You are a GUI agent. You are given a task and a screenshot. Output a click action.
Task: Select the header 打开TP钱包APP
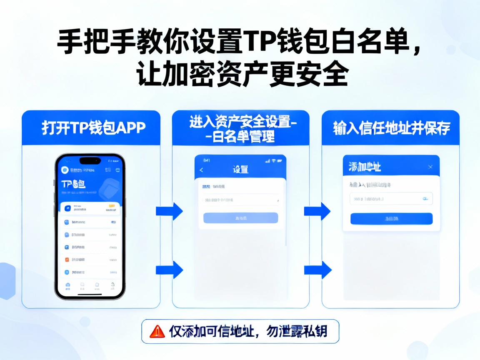(x=91, y=128)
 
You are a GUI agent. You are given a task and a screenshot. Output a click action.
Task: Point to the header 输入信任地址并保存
(x=391, y=128)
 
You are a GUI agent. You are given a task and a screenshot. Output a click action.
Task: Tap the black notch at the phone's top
(x=90, y=160)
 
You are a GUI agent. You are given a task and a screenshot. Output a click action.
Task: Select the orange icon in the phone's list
(x=67, y=259)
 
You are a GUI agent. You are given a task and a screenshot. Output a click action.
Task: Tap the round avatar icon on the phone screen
(x=65, y=170)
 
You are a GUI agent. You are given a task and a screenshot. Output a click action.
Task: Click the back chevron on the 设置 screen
(x=202, y=170)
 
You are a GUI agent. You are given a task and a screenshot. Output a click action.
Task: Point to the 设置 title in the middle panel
(x=240, y=169)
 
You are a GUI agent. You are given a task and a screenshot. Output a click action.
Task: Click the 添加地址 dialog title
(x=365, y=167)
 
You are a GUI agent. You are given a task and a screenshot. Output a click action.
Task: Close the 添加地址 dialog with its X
(x=430, y=167)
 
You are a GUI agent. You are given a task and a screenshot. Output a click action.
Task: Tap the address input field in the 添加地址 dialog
(x=391, y=199)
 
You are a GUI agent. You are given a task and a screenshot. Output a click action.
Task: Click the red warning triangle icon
(x=157, y=331)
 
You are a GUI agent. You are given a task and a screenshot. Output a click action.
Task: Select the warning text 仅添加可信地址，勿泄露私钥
(x=248, y=331)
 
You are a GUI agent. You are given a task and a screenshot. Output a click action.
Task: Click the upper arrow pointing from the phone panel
(x=169, y=211)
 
